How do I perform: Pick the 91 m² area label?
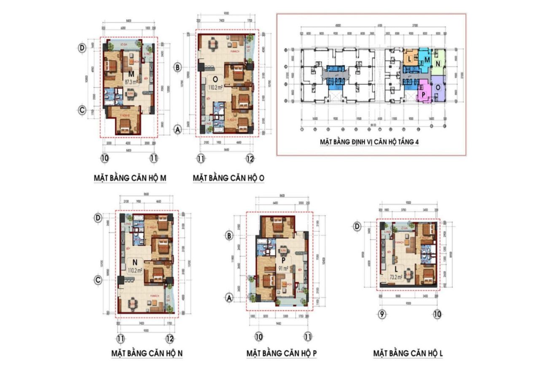coord(282,268)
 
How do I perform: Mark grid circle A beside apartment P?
coord(230,298)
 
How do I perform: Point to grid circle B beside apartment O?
coord(178,67)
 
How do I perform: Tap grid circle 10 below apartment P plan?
coord(259,336)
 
